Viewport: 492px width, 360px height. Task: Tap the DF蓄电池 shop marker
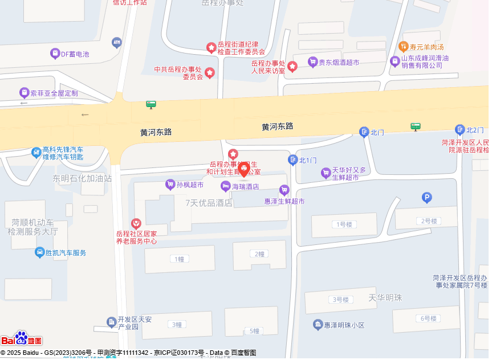click(x=55, y=54)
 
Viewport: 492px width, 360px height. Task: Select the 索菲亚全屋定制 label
click(x=54, y=93)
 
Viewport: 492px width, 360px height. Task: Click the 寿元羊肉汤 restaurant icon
click(x=404, y=47)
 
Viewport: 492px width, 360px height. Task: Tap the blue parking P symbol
click(x=426, y=198)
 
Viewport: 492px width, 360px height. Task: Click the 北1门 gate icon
click(x=292, y=160)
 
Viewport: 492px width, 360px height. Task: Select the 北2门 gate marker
click(x=460, y=130)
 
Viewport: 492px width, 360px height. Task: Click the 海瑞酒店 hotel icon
click(x=226, y=186)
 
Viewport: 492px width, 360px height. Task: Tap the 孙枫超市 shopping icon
click(x=170, y=184)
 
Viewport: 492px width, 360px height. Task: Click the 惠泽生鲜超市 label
click(x=284, y=201)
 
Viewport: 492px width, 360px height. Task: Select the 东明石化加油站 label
click(x=82, y=178)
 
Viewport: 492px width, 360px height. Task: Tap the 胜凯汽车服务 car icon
click(x=40, y=252)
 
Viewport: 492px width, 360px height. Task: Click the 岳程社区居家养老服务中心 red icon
click(x=136, y=224)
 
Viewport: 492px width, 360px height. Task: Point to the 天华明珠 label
click(x=385, y=297)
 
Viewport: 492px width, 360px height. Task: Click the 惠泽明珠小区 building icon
click(x=318, y=325)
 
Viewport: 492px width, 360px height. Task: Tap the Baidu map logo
click(x=22, y=339)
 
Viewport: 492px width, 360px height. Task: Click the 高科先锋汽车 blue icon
click(x=36, y=152)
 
